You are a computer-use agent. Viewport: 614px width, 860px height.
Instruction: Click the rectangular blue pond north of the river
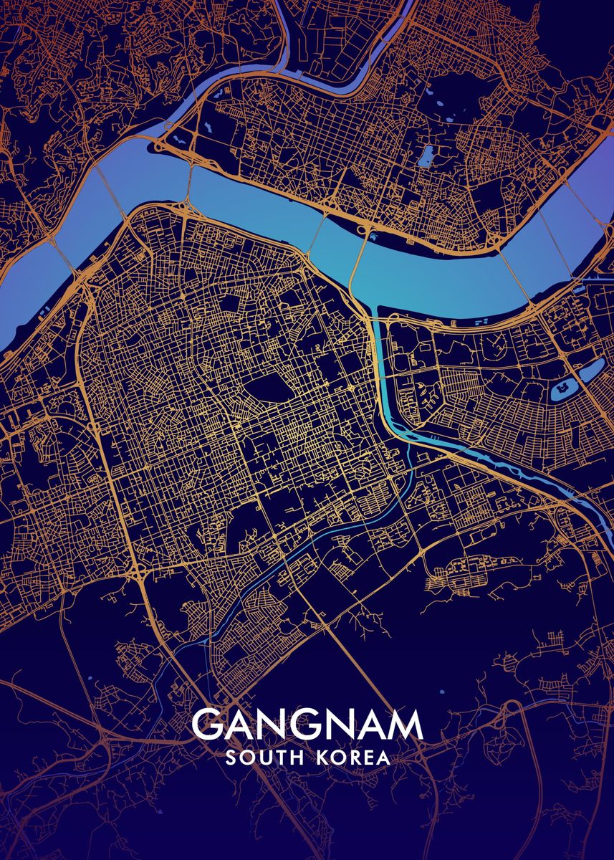point(426,156)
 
